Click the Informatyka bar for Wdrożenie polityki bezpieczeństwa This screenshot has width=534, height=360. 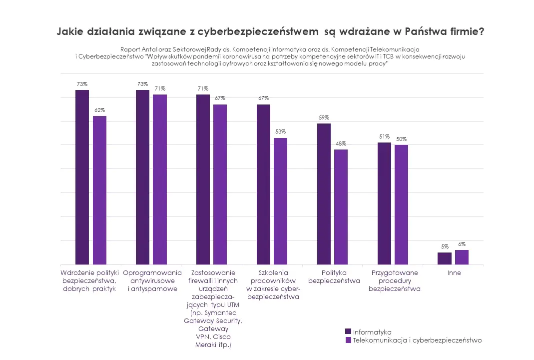(x=82, y=177)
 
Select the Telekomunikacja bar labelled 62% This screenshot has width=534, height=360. (x=99, y=190)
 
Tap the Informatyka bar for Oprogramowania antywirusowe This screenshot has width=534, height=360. (x=142, y=177)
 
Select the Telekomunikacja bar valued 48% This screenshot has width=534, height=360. (x=341, y=207)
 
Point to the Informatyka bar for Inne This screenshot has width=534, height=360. (x=445, y=258)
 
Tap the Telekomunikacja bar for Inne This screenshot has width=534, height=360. (x=462, y=257)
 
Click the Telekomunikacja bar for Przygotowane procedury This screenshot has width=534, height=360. (x=401, y=204)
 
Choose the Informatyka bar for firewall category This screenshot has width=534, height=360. (x=203, y=179)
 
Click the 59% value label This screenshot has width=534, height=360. (x=324, y=118)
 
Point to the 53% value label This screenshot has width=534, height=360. (x=281, y=132)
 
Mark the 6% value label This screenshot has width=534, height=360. (x=462, y=244)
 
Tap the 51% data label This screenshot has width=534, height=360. (x=384, y=136)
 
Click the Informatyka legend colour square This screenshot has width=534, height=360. (x=348, y=331)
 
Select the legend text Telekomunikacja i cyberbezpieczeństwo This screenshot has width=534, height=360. (x=417, y=340)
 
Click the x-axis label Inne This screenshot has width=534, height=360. (x=454, y=273)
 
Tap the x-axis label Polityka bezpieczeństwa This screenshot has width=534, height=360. (x=334, y=277)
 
